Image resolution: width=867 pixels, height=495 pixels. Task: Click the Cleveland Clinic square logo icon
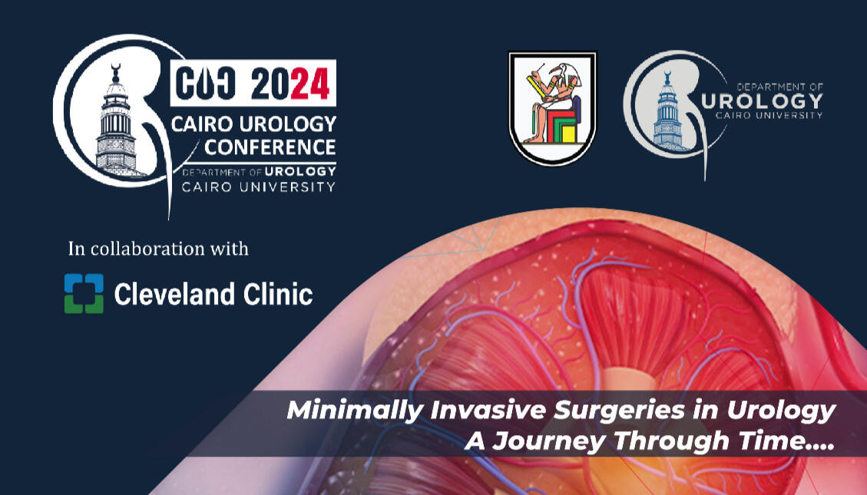[x=84, y=293]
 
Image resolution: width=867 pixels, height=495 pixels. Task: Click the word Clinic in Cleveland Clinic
[x=280, y=294]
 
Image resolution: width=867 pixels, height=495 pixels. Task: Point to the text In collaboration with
[x=158, y=249]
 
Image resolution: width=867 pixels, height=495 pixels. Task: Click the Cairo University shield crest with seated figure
[x=551, y=108]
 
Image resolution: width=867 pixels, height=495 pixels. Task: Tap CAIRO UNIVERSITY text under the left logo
[x=258, y=186]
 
